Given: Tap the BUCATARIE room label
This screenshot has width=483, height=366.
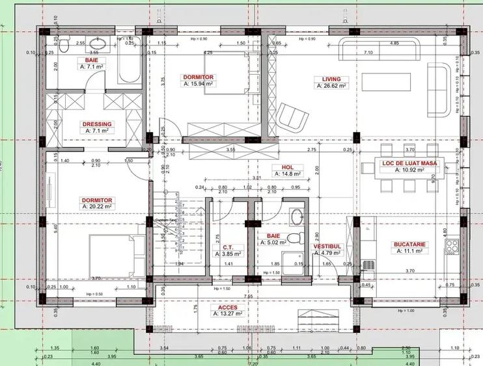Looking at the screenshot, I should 409,245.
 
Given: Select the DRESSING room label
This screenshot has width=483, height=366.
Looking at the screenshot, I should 96,124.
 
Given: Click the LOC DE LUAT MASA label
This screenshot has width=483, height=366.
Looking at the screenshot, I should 410,163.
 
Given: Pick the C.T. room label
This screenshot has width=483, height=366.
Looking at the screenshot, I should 228,247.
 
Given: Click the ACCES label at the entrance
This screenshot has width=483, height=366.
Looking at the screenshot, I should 227,306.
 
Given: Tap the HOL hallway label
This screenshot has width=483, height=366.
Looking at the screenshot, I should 287,167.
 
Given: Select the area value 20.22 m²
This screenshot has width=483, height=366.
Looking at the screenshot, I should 98,206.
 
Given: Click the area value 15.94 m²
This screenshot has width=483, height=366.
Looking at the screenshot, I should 199,84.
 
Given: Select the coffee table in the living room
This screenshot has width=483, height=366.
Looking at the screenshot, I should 387,81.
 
